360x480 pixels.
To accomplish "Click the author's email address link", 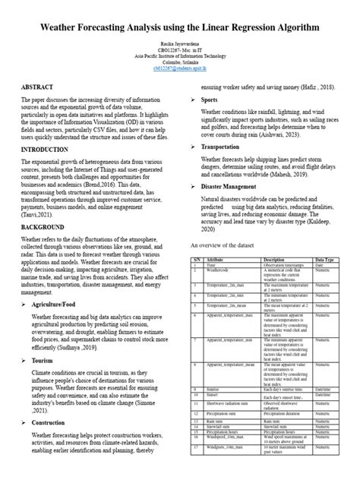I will (179, 67).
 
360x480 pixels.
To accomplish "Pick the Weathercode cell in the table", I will (219, 270).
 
